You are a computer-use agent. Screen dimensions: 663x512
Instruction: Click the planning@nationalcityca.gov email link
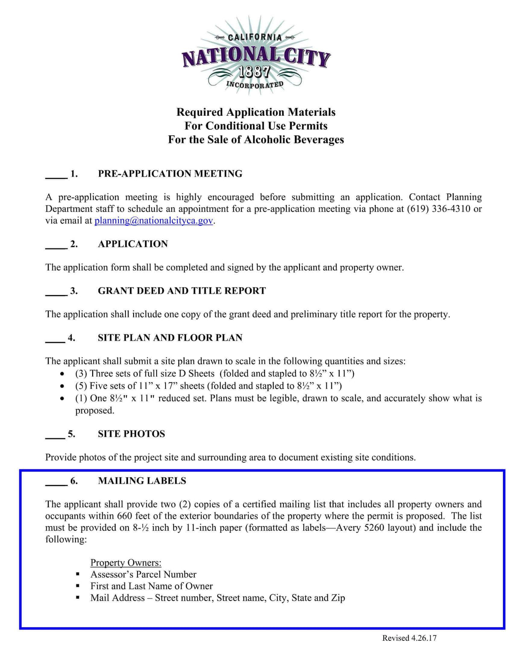pos(154,221)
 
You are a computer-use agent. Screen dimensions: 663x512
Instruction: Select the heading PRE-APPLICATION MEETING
pos(170,174)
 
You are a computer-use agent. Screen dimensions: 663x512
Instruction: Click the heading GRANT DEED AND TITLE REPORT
pos(182,291)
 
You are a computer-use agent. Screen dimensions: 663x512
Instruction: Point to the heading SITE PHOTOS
pos(131,434)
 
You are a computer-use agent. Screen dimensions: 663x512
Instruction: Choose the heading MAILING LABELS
pos(142,481)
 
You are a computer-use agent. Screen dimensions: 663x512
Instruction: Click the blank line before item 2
pos(56,247)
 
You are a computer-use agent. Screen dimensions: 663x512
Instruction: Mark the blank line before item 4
pos(55,341)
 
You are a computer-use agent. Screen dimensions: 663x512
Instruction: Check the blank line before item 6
pos(56,484)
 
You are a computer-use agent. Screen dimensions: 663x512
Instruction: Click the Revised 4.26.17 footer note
pos(409,638)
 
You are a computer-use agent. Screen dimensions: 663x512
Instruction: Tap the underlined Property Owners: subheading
pos(126,563)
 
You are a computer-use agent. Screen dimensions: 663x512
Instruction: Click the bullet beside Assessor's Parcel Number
pos(78,575)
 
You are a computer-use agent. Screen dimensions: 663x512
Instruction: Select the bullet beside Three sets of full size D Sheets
pos(63,374)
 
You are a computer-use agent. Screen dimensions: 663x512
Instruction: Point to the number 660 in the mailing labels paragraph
pos(125,516)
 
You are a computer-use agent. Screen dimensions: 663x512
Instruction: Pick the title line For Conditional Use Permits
pos(256,126)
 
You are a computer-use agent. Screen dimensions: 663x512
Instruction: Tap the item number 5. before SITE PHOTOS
pos(72,434)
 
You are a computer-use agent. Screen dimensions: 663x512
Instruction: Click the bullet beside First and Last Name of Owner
pos(78,586)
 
